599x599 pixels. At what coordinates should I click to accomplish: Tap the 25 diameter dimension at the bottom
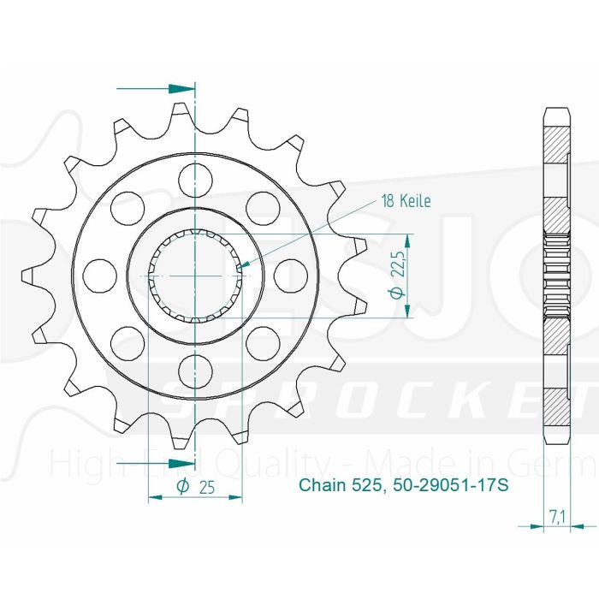pos(196,487)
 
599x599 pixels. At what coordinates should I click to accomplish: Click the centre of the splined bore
pos(195,275)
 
